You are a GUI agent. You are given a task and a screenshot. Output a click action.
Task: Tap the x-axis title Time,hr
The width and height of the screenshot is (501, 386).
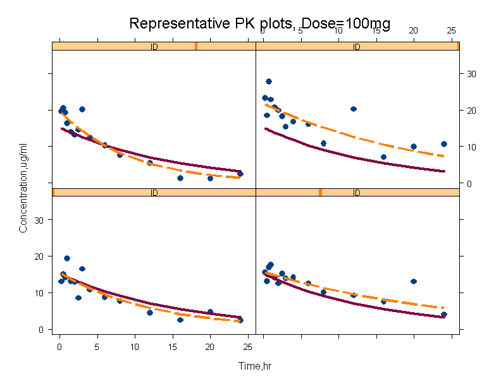point(255,366)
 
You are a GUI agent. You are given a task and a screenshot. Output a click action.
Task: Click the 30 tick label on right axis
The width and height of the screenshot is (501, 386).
point(471,74)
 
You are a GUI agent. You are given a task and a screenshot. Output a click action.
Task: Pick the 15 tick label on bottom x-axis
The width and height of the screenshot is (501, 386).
point(172,346)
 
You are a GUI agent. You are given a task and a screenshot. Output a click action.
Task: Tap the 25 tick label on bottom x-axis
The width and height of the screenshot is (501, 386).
point(247,346)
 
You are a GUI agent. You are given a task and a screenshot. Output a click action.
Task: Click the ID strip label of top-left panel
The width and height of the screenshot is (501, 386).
point(154,46)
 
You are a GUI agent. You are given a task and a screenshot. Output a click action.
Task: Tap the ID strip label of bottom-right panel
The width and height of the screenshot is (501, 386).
point(356,192)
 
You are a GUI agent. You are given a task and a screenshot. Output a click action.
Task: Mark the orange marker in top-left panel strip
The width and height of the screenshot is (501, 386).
point(196,46)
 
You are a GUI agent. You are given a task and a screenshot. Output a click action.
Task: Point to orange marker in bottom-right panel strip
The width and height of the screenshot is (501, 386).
point(320,192)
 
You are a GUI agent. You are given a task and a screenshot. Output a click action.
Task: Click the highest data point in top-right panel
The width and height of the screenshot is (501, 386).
point(268,81)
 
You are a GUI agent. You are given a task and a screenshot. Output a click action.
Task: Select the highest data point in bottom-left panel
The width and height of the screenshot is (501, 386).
point(67,258)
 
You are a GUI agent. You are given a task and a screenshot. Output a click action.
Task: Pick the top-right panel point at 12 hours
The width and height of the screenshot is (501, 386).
point(354,109)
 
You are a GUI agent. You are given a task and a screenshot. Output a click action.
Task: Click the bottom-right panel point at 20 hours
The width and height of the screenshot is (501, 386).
point(414,281)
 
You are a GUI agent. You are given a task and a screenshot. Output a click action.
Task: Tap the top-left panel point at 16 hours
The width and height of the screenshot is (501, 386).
point(180,178)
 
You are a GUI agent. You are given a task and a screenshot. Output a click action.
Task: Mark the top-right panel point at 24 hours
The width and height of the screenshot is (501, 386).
point(444,144)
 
